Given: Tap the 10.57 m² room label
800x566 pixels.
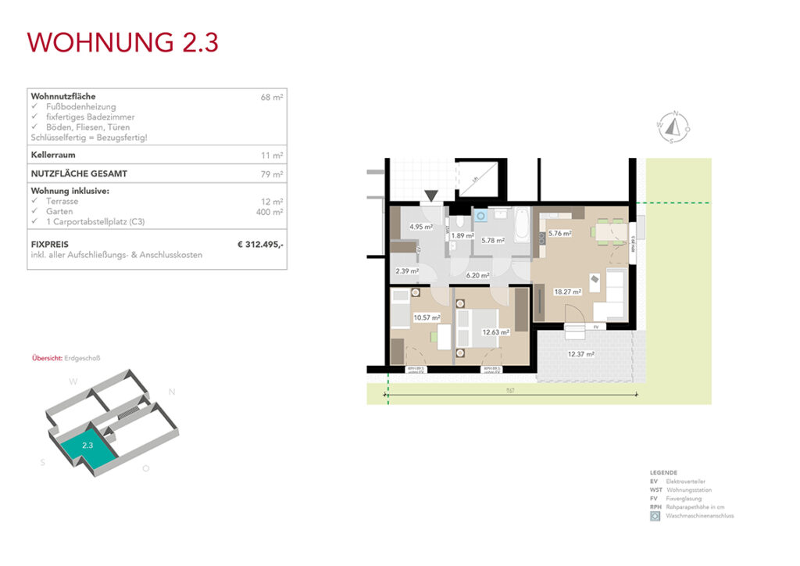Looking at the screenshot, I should pyautogui.click(x=427, y=317).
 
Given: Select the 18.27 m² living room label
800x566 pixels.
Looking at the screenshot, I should pyautogui.click(x=568, y=292).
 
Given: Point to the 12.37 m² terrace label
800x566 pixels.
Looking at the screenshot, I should pyautogui.click(x=580, y=354).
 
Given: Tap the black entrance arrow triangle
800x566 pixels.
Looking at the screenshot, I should pyautogui.click(x=431, y=195).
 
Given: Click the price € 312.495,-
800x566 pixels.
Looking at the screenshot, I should pyautogui.click(x=260, y=245).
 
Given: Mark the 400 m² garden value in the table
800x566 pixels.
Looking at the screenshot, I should pyautogui.click(x=270, y=212).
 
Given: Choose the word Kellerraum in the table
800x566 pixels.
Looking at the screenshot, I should pyautogui.click(x=53, y=155).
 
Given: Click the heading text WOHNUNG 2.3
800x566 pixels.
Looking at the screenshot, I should pyautogui.click(x=123, y=42).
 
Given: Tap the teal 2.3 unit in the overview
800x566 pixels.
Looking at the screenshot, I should pyautogui.click(x=87, y=446).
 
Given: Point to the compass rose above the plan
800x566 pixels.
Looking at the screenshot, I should pyautogui.click(x=673, y=126).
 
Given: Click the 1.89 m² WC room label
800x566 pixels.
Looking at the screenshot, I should pyautogui.click(x=462, y=235).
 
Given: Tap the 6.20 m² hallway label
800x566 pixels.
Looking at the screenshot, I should pyautogui.click(x=477, y=275).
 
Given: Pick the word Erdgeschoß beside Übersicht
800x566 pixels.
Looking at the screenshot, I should pyautogui.click(x=83, y=358).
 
